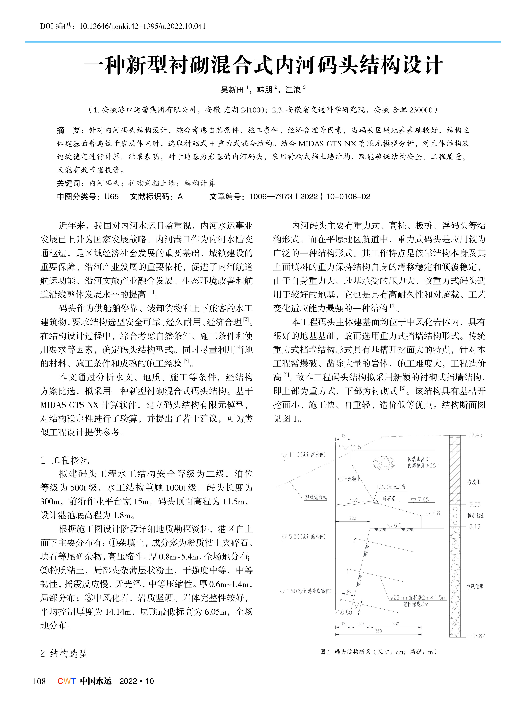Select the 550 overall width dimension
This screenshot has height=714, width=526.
[x=378, y=631]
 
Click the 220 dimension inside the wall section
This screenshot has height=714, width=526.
[x=352, y=518]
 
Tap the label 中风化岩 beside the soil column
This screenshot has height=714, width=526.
[x=475, y=586]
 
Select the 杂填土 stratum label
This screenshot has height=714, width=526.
[x=474, y=482]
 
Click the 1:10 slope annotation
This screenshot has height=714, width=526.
[x=353, y=500]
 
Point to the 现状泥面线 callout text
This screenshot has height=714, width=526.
[x=316, y=497]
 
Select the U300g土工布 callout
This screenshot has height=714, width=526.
[x=391, y=487]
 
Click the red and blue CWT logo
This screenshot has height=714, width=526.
[x=66, y=681]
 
